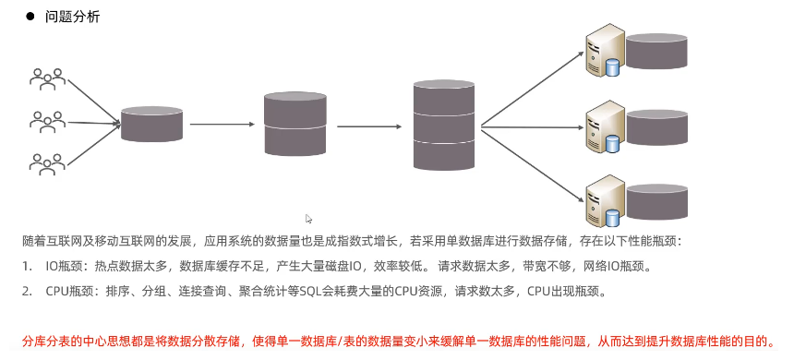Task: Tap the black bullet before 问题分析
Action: (x=30, y=18)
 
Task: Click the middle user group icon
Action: (x=47, y=121)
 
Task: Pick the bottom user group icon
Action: (x=47, y=163)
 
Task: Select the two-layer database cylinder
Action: (x=295, y=124)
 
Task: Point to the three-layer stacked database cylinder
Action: (x=444, y=125)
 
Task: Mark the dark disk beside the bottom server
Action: (x=656, y=200)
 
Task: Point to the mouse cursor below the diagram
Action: (x=309, y=219)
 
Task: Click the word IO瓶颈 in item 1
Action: (x=64, y=266)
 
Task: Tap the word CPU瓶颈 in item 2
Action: (x=68, y=291)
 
